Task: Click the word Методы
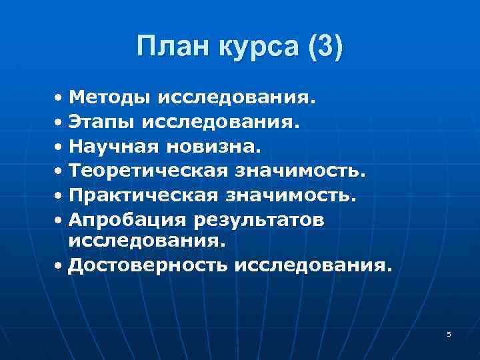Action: tap(110, 99)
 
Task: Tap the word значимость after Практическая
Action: tap(291, 195)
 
